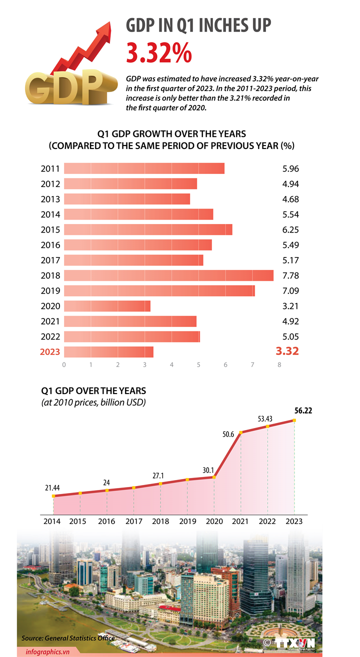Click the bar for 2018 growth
click(x=168, y=275)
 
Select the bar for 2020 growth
click(x=107, y=306)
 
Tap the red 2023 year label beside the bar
click(x=50, y=352)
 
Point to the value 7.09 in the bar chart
click(x=290, y=290)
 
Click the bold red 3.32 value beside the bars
click(x=287, y=351)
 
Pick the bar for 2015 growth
click(x=148, y=229)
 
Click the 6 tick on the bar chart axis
click(x=225, y=365)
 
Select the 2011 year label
click(x=50, y=168)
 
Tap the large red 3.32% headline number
click(x=158, y=53)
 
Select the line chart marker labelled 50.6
click(x=241, y=432)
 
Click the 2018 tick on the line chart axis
click(x=160, y=521)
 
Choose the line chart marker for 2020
click(x=214, y=477)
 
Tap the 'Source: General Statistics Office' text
click(x=67, y=638)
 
